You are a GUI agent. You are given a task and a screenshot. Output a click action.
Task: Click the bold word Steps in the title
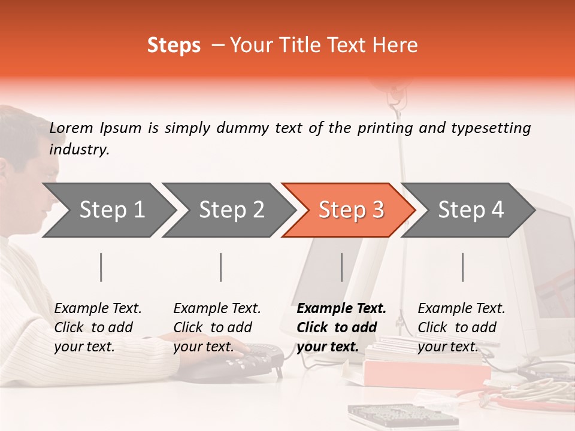(174, 45)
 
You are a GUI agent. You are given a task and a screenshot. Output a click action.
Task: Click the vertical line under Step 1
(101, 267)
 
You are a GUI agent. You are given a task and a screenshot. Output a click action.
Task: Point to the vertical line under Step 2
(221, 267)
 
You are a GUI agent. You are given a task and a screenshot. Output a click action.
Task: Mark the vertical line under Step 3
(341, 267)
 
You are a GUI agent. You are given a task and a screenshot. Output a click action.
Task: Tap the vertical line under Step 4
(462, 267)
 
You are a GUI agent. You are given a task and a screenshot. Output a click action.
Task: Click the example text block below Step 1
(98, 327)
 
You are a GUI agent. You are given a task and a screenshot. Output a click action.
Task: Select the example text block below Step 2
(217, 327)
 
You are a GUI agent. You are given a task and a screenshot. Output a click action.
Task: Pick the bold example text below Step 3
(341, 327)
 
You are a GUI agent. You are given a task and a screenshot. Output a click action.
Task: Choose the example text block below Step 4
(461, 327)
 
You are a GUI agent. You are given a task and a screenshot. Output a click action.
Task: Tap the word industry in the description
(78, 150)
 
